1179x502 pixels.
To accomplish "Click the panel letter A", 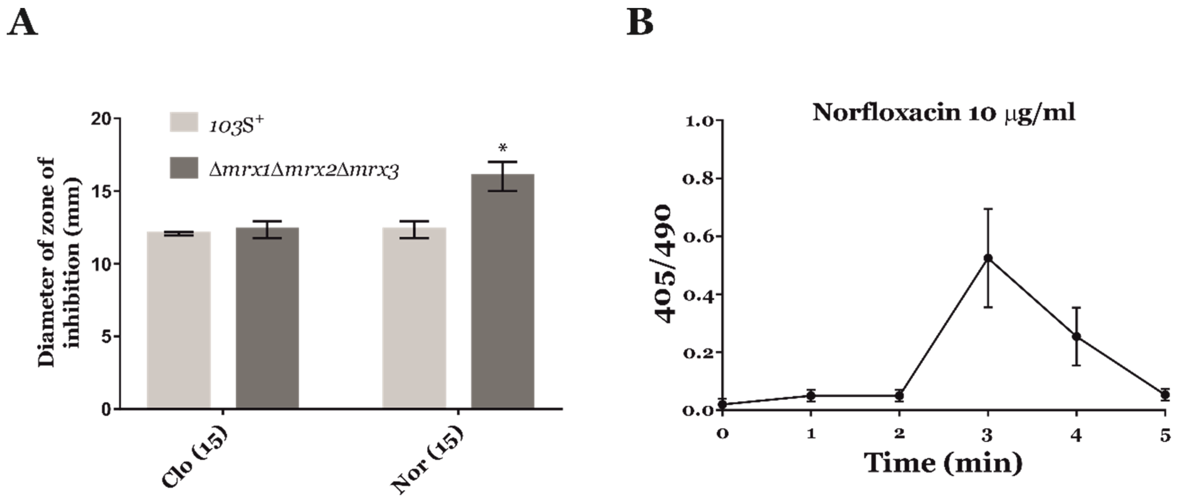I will tap(22, 23).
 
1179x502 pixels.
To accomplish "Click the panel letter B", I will tap(639, 22).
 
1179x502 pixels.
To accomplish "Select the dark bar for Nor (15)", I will tap(503, 293).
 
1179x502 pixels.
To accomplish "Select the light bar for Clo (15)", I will tap(179, 320).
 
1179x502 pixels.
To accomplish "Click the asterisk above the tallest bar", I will tap(503, 148).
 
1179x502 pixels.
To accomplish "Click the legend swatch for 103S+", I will tap(184, 122).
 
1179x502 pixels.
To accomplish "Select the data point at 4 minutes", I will tap(1077, 336).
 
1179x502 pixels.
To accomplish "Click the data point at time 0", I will tap(722, 405).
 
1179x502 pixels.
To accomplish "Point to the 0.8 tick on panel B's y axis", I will tap(698, 178).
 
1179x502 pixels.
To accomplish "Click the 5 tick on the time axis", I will tap(1165, 435).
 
